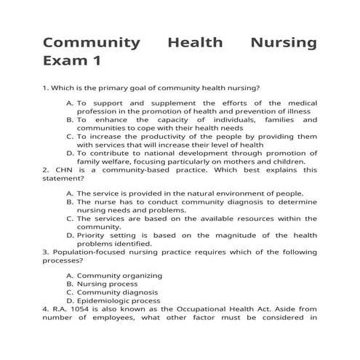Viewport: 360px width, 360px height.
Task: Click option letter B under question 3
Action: coord(69,284)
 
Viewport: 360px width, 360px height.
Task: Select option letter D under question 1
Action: coord(69,154)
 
